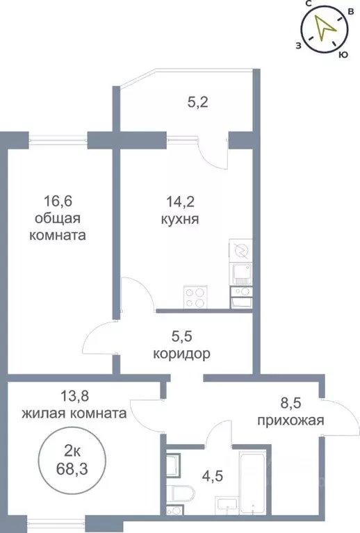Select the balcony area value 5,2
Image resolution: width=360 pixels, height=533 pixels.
pyautogui.click(x=197, y=103)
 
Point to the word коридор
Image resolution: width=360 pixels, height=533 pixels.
pyautogui.click(x=181, y=354)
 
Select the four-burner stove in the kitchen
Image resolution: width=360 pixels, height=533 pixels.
pyautogui.click(x=195, y=297)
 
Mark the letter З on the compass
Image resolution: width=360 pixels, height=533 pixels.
pyautogui.click(x=297, y=45)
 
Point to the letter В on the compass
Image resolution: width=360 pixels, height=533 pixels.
pyautogui.click(x=351, y=13)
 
